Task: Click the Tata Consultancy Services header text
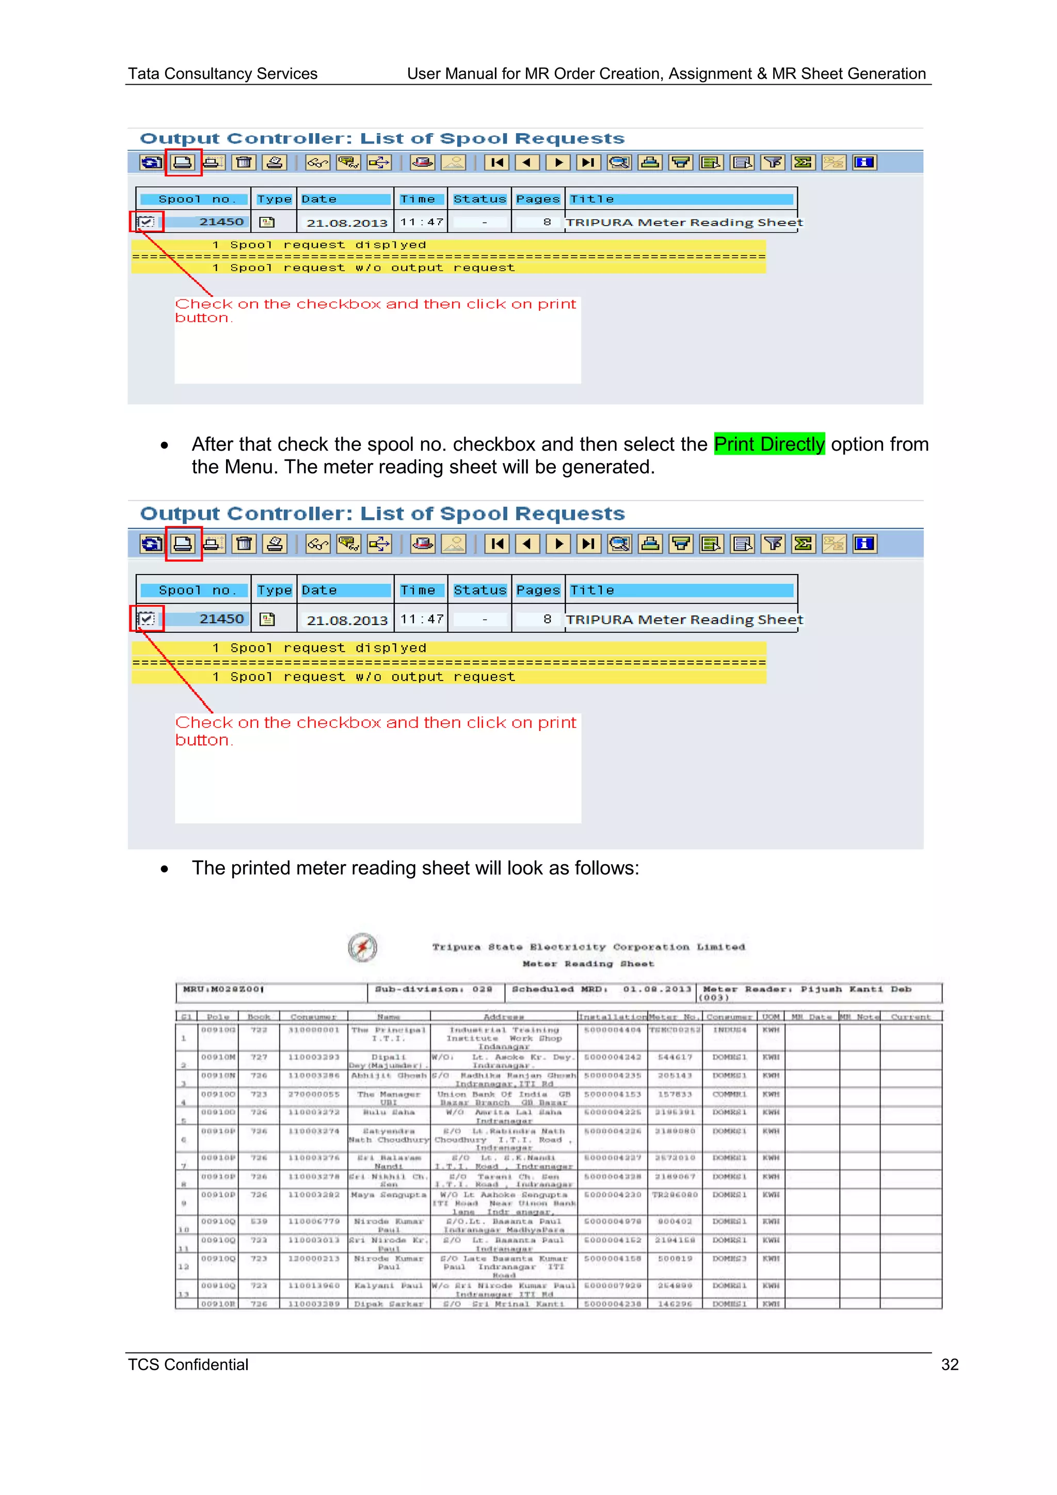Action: tap(222, 74)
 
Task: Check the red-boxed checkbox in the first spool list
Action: tap(147, 222)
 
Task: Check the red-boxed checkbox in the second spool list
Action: tap(147, 618)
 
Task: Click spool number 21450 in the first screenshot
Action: tap(221, 222)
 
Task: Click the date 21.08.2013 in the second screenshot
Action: tap(347, 620)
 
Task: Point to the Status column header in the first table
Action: tap(479, 199)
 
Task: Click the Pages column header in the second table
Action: tap(538, 590)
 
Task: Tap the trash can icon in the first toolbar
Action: tap(244, 162)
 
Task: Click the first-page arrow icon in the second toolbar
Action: tap(497, 544)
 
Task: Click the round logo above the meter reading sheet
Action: tap(362, 947)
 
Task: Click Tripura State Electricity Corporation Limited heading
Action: tap(588, 947)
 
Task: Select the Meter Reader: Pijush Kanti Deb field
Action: tap(807, 990)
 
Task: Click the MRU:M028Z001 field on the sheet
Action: tap(223, 990)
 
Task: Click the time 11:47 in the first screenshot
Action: tap(422, 222)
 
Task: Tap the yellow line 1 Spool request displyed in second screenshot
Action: tap(319, 648)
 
